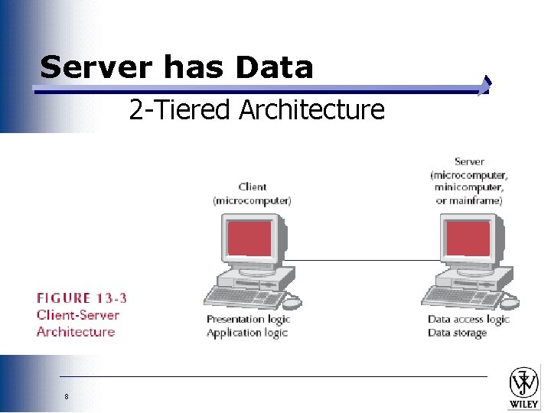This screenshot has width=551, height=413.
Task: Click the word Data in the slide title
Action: pyautogui.click(x=275, y=67)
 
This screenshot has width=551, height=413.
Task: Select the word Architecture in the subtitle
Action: pyautogui.click(x=311, y=110)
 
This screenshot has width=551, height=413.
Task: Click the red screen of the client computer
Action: pyautogui.click(x=248, y=238)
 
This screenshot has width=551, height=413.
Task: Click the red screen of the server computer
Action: pyautogui.click(x=468, y=239)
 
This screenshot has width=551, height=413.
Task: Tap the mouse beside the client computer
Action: pyautogui.click(x=294, y=302)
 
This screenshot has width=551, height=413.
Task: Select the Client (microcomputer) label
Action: pyautogui.click(x=253, y=193)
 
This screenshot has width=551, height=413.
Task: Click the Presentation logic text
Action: pyautogui.click(x=247, y=319)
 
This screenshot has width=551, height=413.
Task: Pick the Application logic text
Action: pyautogui.click(x=247, y=333)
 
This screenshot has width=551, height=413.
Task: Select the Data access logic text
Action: pyautogui.click(x=468, y=319)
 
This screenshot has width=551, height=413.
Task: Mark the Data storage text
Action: pyautogui.click(x=457, y=333)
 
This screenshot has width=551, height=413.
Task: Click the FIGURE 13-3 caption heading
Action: pyautogui.click(x=82, y=298)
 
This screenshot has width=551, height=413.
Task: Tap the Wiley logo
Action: pyautogui.click(x=524, y=387)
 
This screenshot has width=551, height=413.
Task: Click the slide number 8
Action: pyautogui.click(x=67, y=396)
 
